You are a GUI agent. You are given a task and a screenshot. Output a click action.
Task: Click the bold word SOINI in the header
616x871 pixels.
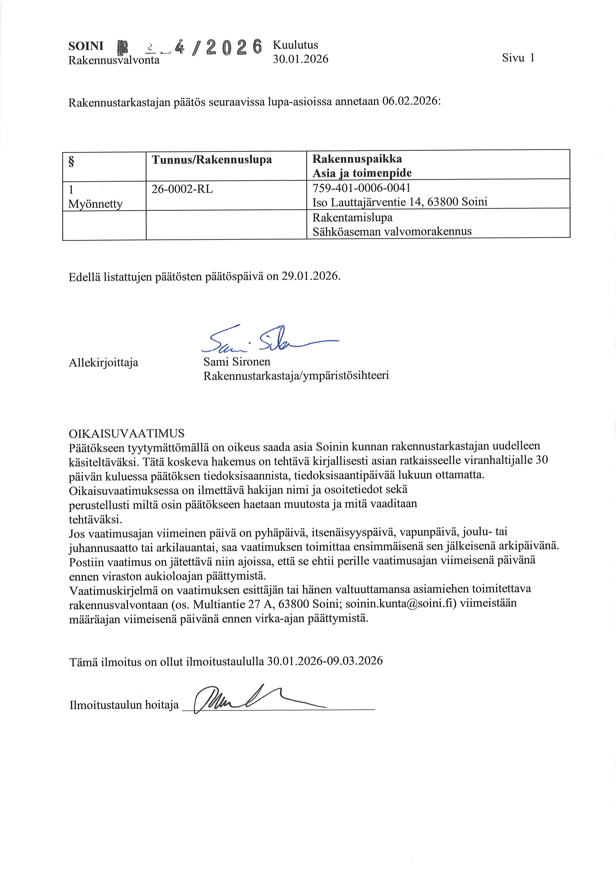tap(86, 46)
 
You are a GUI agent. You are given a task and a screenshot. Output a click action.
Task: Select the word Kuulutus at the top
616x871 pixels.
tap(295, 45)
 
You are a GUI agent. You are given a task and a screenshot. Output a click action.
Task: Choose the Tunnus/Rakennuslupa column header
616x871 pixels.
tap(212, 159)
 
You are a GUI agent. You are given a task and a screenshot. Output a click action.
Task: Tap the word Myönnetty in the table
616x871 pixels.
tap(95, 204)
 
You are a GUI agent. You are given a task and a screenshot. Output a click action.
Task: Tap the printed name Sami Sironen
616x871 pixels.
tap(237, 362)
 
